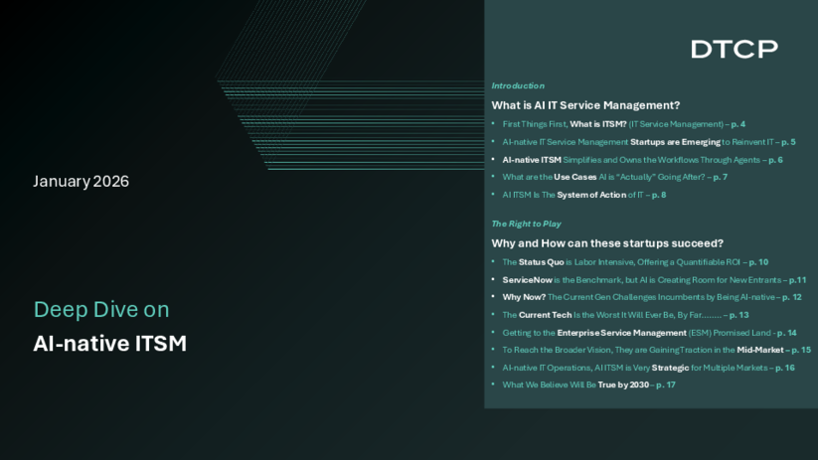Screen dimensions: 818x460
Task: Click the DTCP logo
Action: click(735, 49)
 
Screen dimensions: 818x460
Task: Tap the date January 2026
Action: click(81, 181)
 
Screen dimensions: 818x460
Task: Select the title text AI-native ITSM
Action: click(109, 343)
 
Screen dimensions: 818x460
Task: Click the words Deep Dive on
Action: click(101, 309)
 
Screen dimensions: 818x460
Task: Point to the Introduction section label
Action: click(518, 85)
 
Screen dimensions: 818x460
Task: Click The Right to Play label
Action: click(526, 224)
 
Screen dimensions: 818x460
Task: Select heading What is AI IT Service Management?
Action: click(585, 105)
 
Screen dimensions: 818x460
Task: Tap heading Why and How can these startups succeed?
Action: click(607, 243)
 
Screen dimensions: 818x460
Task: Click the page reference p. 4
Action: click(737, 124)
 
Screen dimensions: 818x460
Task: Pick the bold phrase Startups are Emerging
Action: click(675, 142)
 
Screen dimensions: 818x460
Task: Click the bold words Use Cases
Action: click(574, 177)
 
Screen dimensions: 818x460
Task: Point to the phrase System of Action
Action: click(591, 195)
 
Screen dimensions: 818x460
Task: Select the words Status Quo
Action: click(541, 262)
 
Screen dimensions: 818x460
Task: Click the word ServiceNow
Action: click(527, 280)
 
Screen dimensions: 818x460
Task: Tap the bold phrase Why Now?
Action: click(524, 297)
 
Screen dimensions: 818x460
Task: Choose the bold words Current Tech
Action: click(545, 315)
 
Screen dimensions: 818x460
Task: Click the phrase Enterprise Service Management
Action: click(621, 333)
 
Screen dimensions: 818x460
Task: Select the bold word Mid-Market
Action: click(760, 350)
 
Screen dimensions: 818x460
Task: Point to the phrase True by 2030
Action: click(623, 384)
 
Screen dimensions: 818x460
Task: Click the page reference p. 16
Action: click(784, 368)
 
